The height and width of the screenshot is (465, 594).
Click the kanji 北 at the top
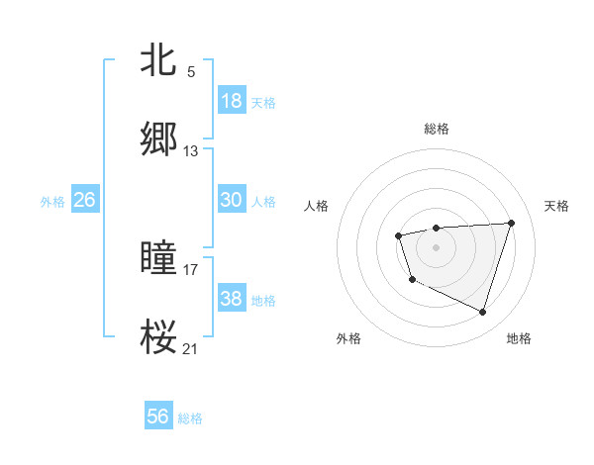click(x=159, y=59)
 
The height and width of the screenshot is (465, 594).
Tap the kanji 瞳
click(x=159, y=258)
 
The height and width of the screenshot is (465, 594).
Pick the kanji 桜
click(x=159, y=336)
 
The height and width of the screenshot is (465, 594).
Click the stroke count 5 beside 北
click(x=191, y=72)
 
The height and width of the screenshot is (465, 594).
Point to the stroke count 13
click(x=191, y=151)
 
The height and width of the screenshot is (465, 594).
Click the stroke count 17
click(x=191, y=269)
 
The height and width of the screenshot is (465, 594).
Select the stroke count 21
click(x=191, y=348)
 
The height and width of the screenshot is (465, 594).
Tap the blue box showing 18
click(x=231, y=101)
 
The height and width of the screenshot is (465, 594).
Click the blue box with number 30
click(x=231, y=200)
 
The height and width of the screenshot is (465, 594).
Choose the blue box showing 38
click(x=231, y=299)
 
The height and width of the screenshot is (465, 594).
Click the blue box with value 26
click(x=84, y=200)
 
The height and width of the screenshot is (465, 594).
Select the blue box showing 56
click(x=158, y=417)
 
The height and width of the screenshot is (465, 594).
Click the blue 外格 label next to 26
click(x=52, y=202)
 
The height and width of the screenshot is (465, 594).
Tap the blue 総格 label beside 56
click(x=190, y=418)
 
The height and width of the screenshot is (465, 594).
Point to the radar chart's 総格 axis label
click(x=437, y=129)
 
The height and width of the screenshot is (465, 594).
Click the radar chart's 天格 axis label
click(x=556, y=206)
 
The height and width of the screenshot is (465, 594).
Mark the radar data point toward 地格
click(x=483, y=313)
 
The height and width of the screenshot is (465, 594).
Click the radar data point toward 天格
click(x=511, y=223)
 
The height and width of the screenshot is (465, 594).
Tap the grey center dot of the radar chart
click(x=436, y=246)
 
